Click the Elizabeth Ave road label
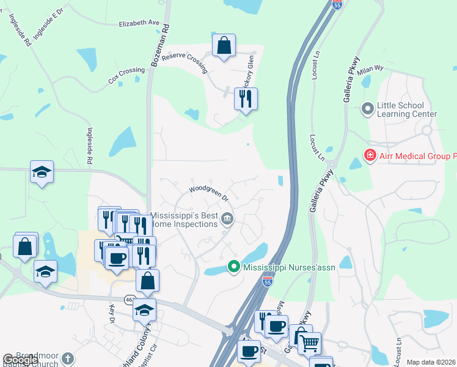coord(139,23)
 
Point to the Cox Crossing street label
coord(126,75)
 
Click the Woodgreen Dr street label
coord(208,194)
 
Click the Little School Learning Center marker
coord(368,109)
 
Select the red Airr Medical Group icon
coord(370,156)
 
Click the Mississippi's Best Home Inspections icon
coord(227,218)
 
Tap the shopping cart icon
coord(310,344)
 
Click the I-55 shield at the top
coord(337,4)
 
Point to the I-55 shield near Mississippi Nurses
coord(268,281)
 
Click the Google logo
coord(20,360)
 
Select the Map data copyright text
coord(431,362)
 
